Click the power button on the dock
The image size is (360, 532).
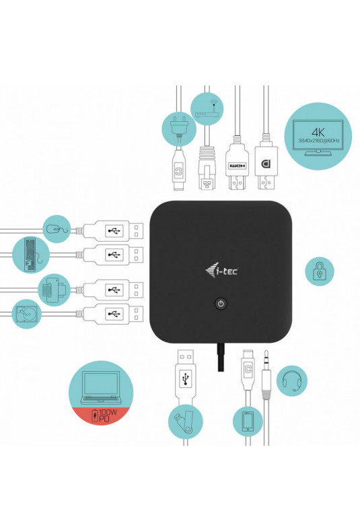pyautogui.click(x=221, y=303)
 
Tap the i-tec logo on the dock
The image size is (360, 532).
pyautogui.click(x=221, y=271)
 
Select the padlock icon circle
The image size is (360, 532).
pyautogui.click(x=320, y=271)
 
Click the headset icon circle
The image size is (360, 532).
pyautogui.click(x=292, y=380)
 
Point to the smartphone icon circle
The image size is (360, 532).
pyautogui.click(x=248, y=421)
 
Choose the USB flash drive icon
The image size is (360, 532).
pyautogui.click(x=186, y=422)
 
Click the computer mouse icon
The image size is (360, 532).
pyautogui.click(x=57, y=229)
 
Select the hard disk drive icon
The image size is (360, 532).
pyautogui.click(x=26, y=314)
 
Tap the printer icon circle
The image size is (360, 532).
pyautogui.click(x=55, y=290)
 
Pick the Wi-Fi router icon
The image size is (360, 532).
pyautogui.click(x=207, y=109)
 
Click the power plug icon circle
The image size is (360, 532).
pyautogui.click(x=178, y=129)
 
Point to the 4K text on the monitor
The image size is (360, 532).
pyautogui.click(x=318, y=131)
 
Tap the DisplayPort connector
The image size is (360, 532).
pyautogui.click(x=266, y=162)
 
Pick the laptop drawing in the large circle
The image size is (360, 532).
pyautogui.click(x=101, y=388)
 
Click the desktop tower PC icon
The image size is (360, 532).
pyautogui.click(x=30, y=255)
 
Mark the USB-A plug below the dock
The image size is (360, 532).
pyautogui.click(x=185, y=377)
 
